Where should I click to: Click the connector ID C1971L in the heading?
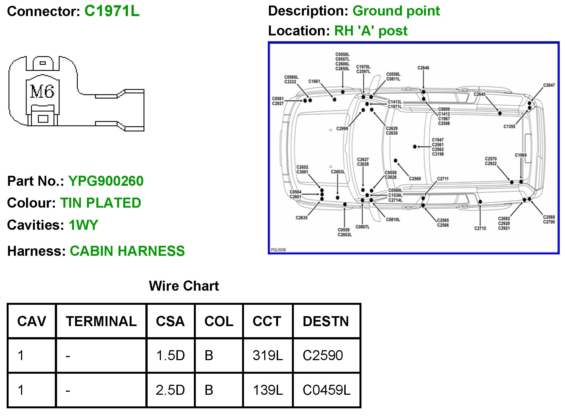(112, 11)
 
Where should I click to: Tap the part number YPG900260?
(106, 181)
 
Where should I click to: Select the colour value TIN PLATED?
(101, 203)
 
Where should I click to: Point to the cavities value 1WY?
(83, 225)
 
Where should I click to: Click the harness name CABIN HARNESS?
(127, 251)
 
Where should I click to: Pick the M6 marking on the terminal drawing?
(42, 92)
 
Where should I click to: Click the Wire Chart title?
(184, 286)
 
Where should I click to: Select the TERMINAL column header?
(101, 321)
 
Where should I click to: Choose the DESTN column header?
(326, 321)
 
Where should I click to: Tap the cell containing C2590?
(323, 355)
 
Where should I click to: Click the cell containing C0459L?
(326, 390)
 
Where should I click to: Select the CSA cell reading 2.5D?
(170, 390)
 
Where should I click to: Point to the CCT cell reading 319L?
(268, 355)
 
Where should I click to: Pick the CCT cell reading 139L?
(268, 390)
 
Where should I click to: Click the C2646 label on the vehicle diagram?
(423, 68)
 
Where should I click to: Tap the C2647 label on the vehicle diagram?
(549, 85)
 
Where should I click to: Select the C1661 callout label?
(314, 81)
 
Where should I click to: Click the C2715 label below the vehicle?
(480, 228)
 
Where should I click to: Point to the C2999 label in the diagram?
(342, 129)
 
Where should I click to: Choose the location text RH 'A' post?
(371, 31)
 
